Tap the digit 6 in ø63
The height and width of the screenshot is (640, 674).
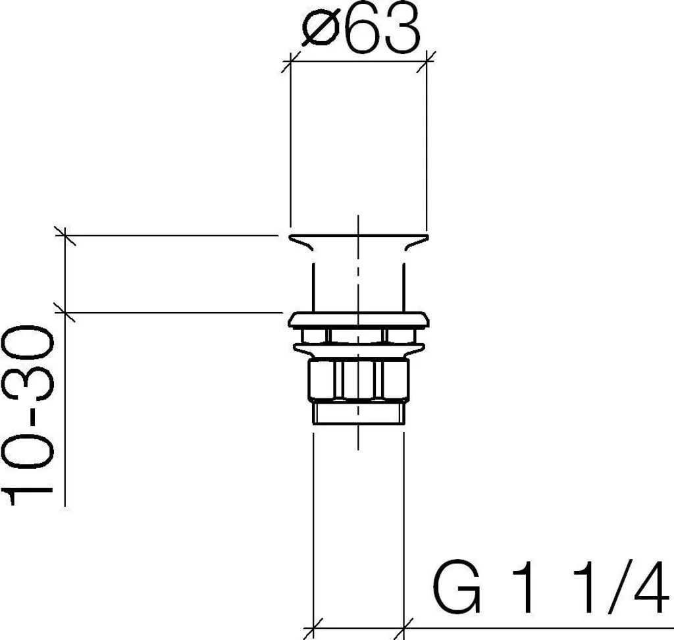point(363,29)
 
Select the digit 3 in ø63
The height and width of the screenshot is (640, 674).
point(402,29)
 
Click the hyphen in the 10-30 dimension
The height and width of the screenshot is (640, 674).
point(28,415)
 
